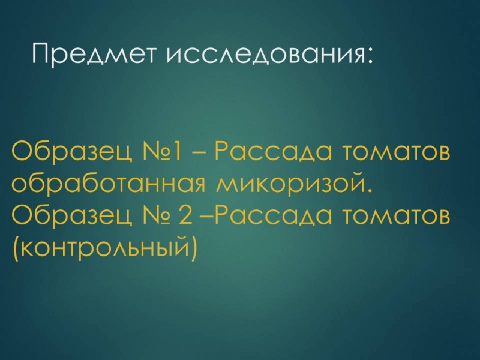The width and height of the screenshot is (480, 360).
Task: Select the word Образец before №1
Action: pyautogui.click(x=72, y=152)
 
